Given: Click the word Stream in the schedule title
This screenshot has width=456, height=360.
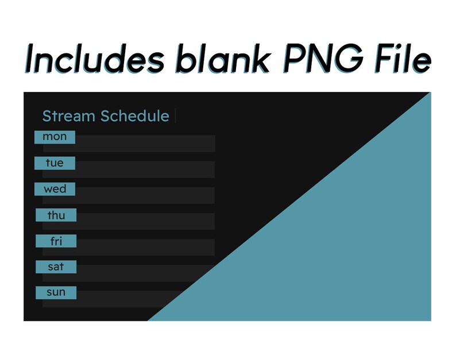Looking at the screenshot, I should tap(68, 116).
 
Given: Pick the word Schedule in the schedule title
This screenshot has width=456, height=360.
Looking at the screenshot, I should tap(135, 116).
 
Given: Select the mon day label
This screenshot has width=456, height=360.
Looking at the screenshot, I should tap(55, 137).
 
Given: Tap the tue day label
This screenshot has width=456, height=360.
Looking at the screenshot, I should tap(55, 163).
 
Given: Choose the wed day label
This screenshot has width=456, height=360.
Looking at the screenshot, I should tap(55, 189).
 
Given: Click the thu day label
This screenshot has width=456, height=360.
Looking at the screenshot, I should tap(56, 215).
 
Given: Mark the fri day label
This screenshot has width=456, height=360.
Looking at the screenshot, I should tap(56, 241).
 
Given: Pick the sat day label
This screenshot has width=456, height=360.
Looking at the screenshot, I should tap(56, 267).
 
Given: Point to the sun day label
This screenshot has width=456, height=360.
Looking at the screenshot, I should tap(56, 292).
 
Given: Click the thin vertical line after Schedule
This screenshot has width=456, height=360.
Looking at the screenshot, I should tap(175, 116).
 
